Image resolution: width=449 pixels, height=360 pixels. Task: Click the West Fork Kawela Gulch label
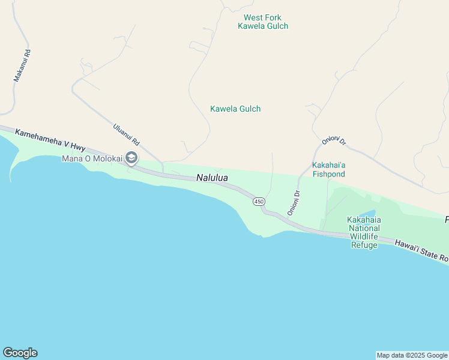pyautogui.click(x=263, y=22)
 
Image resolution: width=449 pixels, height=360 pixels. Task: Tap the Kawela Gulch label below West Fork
pyautogui.click(x=235, y=109)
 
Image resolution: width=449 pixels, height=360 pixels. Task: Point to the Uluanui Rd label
pyautogui.click(x=126, y=134)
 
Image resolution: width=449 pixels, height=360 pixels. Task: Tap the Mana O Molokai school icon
pyautogui.click(x=131, y=158)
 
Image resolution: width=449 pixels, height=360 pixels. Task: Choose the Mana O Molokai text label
pyautogui.click(x=92, y=158)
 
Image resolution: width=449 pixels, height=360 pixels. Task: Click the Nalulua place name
pyautogui.click(x=212, y=178)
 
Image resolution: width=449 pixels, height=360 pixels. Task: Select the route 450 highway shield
pyautogui.click(x=259, y=202)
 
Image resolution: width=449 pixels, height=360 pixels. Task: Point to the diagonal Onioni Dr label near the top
pyautogui.click(x=334, y=142)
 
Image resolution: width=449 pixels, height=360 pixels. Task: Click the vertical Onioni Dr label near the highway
pyautogui.click(x=294, y=203)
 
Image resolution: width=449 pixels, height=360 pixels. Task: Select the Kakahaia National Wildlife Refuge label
pyautogui.click(x=364, y=232)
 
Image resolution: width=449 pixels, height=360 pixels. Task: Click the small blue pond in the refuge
pyautogui.click(x=368, y=214)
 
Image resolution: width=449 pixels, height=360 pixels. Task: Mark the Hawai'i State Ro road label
pyautogui.click(x=421, y=250)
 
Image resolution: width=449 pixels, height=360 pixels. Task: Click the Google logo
pyautogui.click(x=20, y=353)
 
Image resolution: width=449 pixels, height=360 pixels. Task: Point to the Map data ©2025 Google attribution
pyautogui.click(x=412, y=355)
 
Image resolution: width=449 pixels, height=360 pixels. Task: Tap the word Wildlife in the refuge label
pyautogui.click(x=364, y=236)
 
